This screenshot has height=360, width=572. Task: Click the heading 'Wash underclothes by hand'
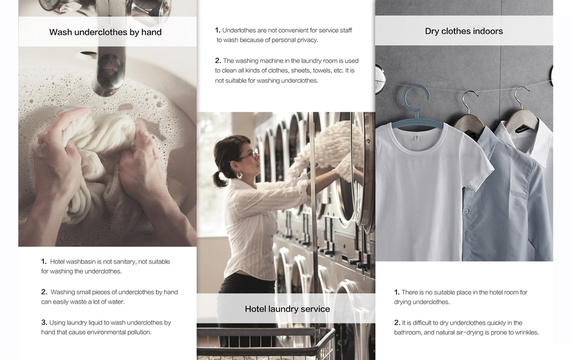pos(106,32)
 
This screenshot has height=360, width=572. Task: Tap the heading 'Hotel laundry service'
pos(287,309)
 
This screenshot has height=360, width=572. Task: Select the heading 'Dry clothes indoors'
pos(463,31)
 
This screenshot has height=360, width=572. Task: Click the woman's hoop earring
pos(239,176)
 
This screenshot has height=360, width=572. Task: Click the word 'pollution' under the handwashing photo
pos(139,332)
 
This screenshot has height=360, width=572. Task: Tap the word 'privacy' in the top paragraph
pos(307,40)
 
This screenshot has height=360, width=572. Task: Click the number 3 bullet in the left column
pos(44,322)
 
